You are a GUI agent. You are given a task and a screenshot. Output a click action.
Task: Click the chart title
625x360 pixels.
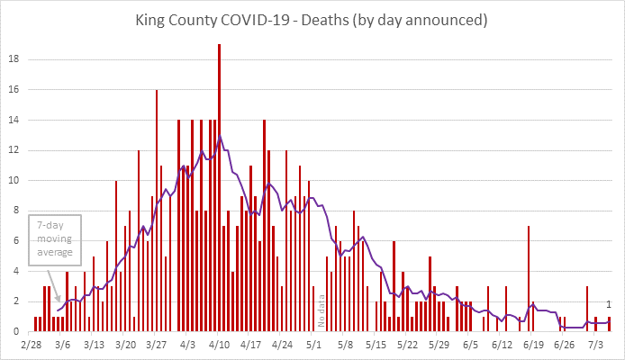312,18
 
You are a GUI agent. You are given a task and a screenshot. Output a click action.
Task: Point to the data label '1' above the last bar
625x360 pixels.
610,304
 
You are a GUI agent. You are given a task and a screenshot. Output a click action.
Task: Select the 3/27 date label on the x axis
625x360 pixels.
157,344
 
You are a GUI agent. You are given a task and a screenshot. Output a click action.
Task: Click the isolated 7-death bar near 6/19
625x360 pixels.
529,279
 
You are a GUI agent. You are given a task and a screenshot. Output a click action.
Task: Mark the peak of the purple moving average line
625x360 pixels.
220,137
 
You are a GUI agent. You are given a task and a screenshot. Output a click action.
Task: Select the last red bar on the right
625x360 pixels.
610,324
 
